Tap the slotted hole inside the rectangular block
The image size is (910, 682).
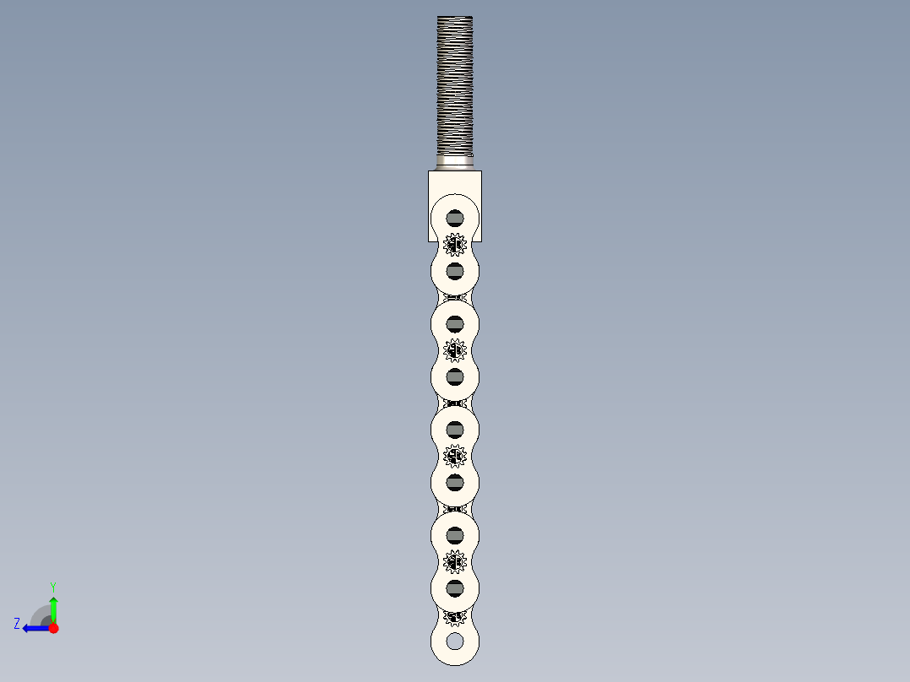point(455,217)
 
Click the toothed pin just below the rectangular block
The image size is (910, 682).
point(455,245)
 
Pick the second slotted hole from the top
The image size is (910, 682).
point(455,270)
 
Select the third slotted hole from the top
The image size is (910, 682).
point(455,323)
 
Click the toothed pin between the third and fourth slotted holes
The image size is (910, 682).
point(455,349)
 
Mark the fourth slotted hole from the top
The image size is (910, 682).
point(455,376)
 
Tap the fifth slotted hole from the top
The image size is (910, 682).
point(455,429)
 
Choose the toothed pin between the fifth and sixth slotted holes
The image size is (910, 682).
point(455,456)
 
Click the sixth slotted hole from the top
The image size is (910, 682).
point(455,482)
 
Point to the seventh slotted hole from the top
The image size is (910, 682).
point(455,535)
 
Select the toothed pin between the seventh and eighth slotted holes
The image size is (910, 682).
point(455,561)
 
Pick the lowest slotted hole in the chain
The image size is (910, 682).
point(455,587)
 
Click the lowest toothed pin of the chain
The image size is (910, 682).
point(455,617)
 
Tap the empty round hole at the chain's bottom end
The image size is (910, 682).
point(455,641)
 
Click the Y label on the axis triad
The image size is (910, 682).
point(52,586)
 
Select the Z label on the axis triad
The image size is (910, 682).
point(17,624)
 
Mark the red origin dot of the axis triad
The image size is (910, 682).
point(53,628)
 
